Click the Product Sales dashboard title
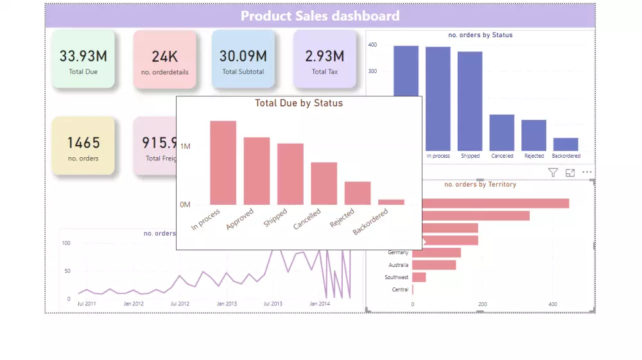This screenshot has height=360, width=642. (x=320, y=16)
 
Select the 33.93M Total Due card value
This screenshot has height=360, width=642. (x=83, y=56)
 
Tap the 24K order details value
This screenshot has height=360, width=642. (x=165, y=56)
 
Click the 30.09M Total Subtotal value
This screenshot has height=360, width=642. (x=243, y=56)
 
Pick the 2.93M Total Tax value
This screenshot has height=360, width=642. (x=324, y=56)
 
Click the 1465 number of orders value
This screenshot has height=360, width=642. (x=83, y=142)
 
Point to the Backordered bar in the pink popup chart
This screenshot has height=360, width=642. (x=391, y=201)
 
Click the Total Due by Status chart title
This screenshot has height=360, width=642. (x=299, y=103)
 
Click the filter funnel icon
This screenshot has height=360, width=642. (x=553, y=173)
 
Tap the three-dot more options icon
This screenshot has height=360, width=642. (x=587, y=173)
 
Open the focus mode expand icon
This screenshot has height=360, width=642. (x=570, y=173)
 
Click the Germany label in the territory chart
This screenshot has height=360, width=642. (x=398, y=253)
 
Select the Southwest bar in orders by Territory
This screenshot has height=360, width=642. (x=419, y=277)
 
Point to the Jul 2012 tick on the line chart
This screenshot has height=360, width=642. (x=180, y=304)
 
